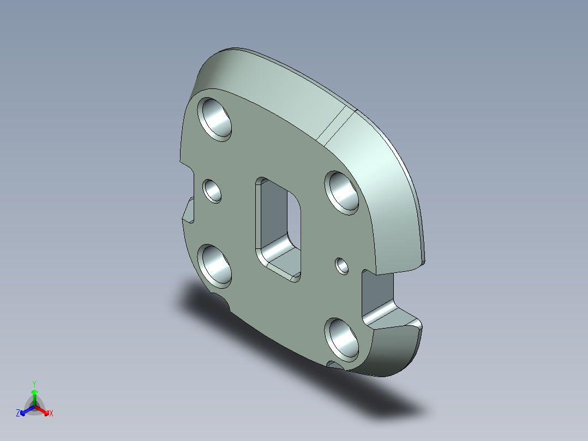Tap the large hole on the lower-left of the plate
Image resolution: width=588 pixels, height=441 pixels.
(215, 265)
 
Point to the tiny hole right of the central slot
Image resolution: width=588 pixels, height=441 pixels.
(343, 265)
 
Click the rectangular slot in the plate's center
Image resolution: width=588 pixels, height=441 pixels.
(278, 228)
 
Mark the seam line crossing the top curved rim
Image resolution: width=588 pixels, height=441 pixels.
(335, 124)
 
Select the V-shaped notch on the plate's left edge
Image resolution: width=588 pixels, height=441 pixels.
(188, 211)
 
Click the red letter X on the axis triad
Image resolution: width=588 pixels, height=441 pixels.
(51, 414)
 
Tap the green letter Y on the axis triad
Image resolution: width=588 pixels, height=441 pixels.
(34, 384)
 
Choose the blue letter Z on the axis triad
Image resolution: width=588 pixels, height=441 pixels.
(18, 414)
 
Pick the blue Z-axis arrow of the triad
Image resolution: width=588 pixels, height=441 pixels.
(25, 411)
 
